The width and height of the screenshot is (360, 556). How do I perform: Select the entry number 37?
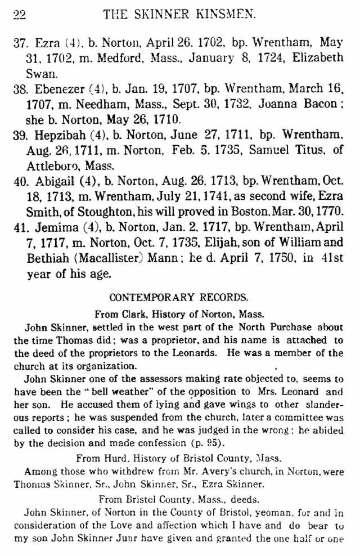point(21,43)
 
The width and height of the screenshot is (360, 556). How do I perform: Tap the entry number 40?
point(21,181)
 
